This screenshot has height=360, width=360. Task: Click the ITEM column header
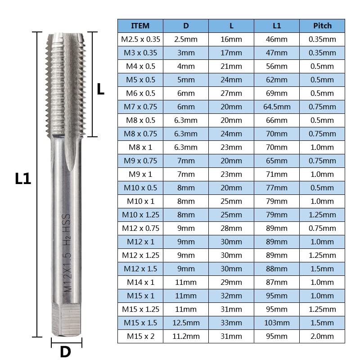[140, 26]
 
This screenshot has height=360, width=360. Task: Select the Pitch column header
[322, 26]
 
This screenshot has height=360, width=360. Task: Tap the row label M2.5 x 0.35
[140, 39]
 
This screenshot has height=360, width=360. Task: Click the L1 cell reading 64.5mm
[277, 107]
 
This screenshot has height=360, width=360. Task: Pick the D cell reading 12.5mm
[186, 323]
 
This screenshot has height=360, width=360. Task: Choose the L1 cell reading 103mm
[277, 323]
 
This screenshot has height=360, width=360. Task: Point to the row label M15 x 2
[140, 336]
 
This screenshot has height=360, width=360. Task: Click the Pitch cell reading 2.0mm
[322, 336]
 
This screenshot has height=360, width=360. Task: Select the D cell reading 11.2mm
[186, 336]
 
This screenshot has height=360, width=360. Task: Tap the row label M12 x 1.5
[140, 269]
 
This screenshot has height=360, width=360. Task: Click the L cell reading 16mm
[231, 39]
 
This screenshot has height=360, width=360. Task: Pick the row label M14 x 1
[140, 282]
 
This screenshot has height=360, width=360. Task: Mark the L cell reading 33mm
[231, 323]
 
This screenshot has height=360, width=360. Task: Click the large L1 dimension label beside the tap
[22, 179]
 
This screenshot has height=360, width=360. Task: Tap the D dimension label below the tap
[66, 351]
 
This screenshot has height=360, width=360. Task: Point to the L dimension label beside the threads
[101, 89]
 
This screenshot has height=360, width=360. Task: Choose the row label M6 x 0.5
[140, 93]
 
